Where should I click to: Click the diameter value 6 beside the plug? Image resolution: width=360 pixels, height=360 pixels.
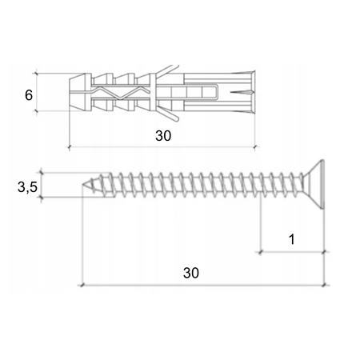(x=29, y=94)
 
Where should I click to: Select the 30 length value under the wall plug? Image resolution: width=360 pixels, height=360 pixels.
(x=162, y=136)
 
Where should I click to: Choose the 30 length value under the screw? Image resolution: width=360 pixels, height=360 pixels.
(x=190, y=273)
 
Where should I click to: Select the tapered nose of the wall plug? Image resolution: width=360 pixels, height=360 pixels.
(x=78, y=92)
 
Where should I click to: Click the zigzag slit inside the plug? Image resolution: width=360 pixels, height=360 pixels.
(x=120, y=93)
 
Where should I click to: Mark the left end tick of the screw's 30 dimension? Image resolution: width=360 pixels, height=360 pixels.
(x=82, y=284)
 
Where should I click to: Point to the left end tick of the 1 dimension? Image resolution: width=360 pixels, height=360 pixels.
(x=260, y=251)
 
